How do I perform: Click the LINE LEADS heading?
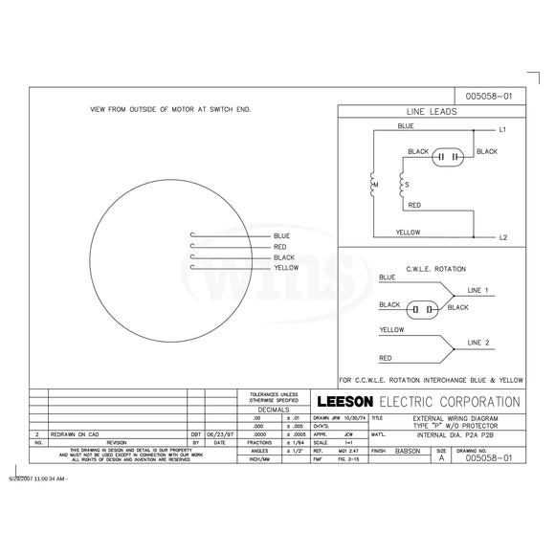point(432,111)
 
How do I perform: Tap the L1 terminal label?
point(503,128)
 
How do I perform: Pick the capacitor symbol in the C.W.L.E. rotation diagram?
point(420,309)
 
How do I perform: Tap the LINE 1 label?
point(478,289)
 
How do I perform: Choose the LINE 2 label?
point(478,342)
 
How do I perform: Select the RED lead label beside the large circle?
point(280,246)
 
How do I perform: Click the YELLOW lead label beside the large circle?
point(286,268)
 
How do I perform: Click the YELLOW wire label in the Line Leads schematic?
point(407,231)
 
